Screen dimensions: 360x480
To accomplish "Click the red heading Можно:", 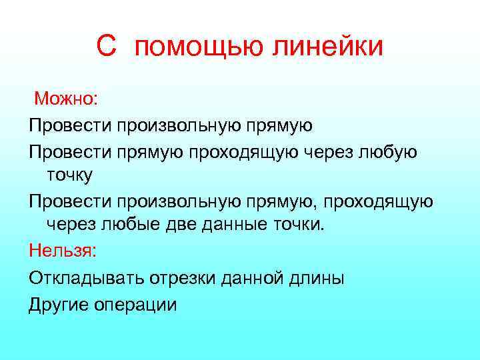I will coord(66,100).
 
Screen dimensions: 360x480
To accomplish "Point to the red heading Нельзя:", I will coord(63,251).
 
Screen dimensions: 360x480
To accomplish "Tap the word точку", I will coord(70,176).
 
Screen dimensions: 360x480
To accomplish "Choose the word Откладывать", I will coord(84,278).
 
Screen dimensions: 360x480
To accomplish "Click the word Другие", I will coord(58,305).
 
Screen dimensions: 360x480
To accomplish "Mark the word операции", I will coord(135,305).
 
